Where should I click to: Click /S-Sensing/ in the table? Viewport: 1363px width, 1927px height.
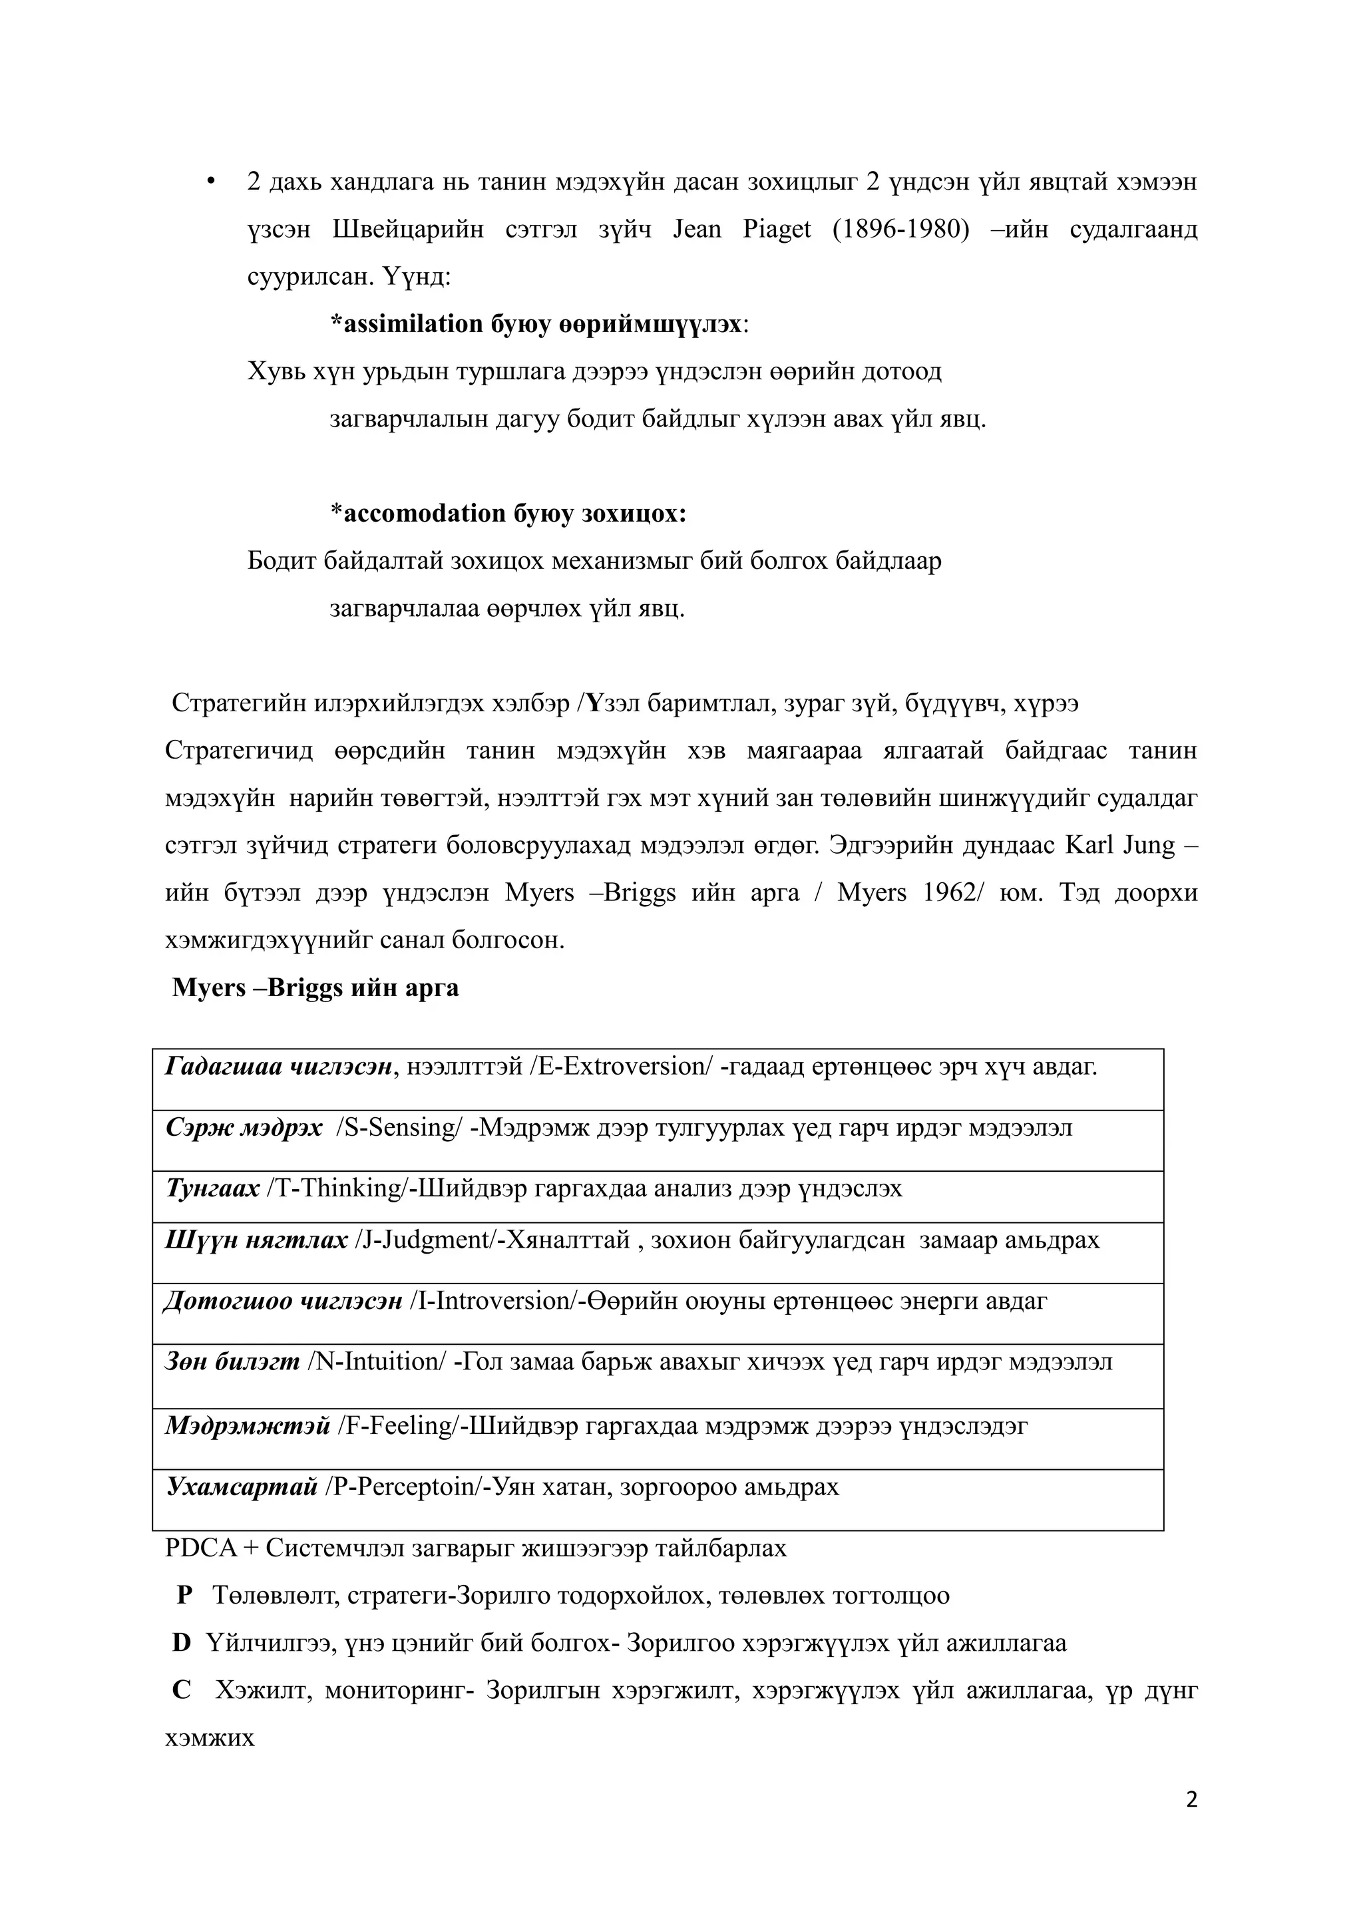click(399, 1129)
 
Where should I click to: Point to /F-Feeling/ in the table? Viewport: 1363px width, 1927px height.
click(399, 1426)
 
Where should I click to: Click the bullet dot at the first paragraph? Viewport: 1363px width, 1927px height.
click(212, 181)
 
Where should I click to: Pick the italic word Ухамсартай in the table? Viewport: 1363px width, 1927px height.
click(242, 1487)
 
